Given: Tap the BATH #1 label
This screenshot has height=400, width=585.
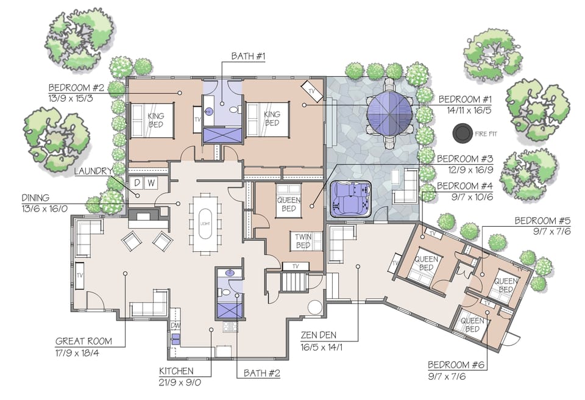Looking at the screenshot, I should click(247, 57).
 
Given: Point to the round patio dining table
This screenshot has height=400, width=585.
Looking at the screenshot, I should click(390, 113).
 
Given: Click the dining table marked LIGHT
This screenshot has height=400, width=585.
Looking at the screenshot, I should click(204, 223).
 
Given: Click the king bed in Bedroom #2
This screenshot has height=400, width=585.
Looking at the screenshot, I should click(153, 120).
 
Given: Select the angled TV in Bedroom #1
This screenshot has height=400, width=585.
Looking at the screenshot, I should click(314, 91).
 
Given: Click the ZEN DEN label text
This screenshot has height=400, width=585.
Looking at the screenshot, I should click(319, 335).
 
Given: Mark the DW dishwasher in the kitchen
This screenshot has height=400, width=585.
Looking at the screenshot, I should click(175, 326).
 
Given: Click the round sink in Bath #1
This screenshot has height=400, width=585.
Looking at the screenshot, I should click(209, 112).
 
